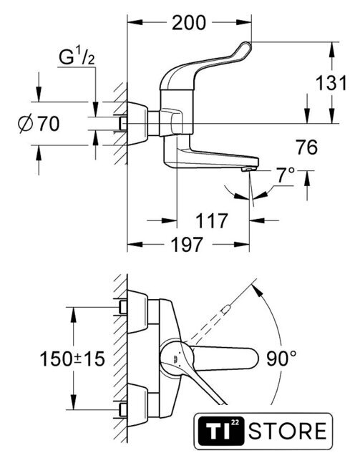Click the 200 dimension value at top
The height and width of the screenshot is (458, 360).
click(189, 23)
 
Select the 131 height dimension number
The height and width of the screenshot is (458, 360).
click(331, 83)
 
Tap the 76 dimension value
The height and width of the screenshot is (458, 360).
click(306, 147)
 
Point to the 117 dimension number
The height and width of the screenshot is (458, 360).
click(212, 220)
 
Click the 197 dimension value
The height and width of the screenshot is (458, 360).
click(186, 245)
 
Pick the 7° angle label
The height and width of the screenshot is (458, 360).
click(286, 175)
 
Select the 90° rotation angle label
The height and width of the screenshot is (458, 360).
click(281, 359)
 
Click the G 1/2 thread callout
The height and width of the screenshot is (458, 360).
click(77, 57)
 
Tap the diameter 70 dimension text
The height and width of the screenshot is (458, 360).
click(39, 124)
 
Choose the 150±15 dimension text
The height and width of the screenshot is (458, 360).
click(72, 359)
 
